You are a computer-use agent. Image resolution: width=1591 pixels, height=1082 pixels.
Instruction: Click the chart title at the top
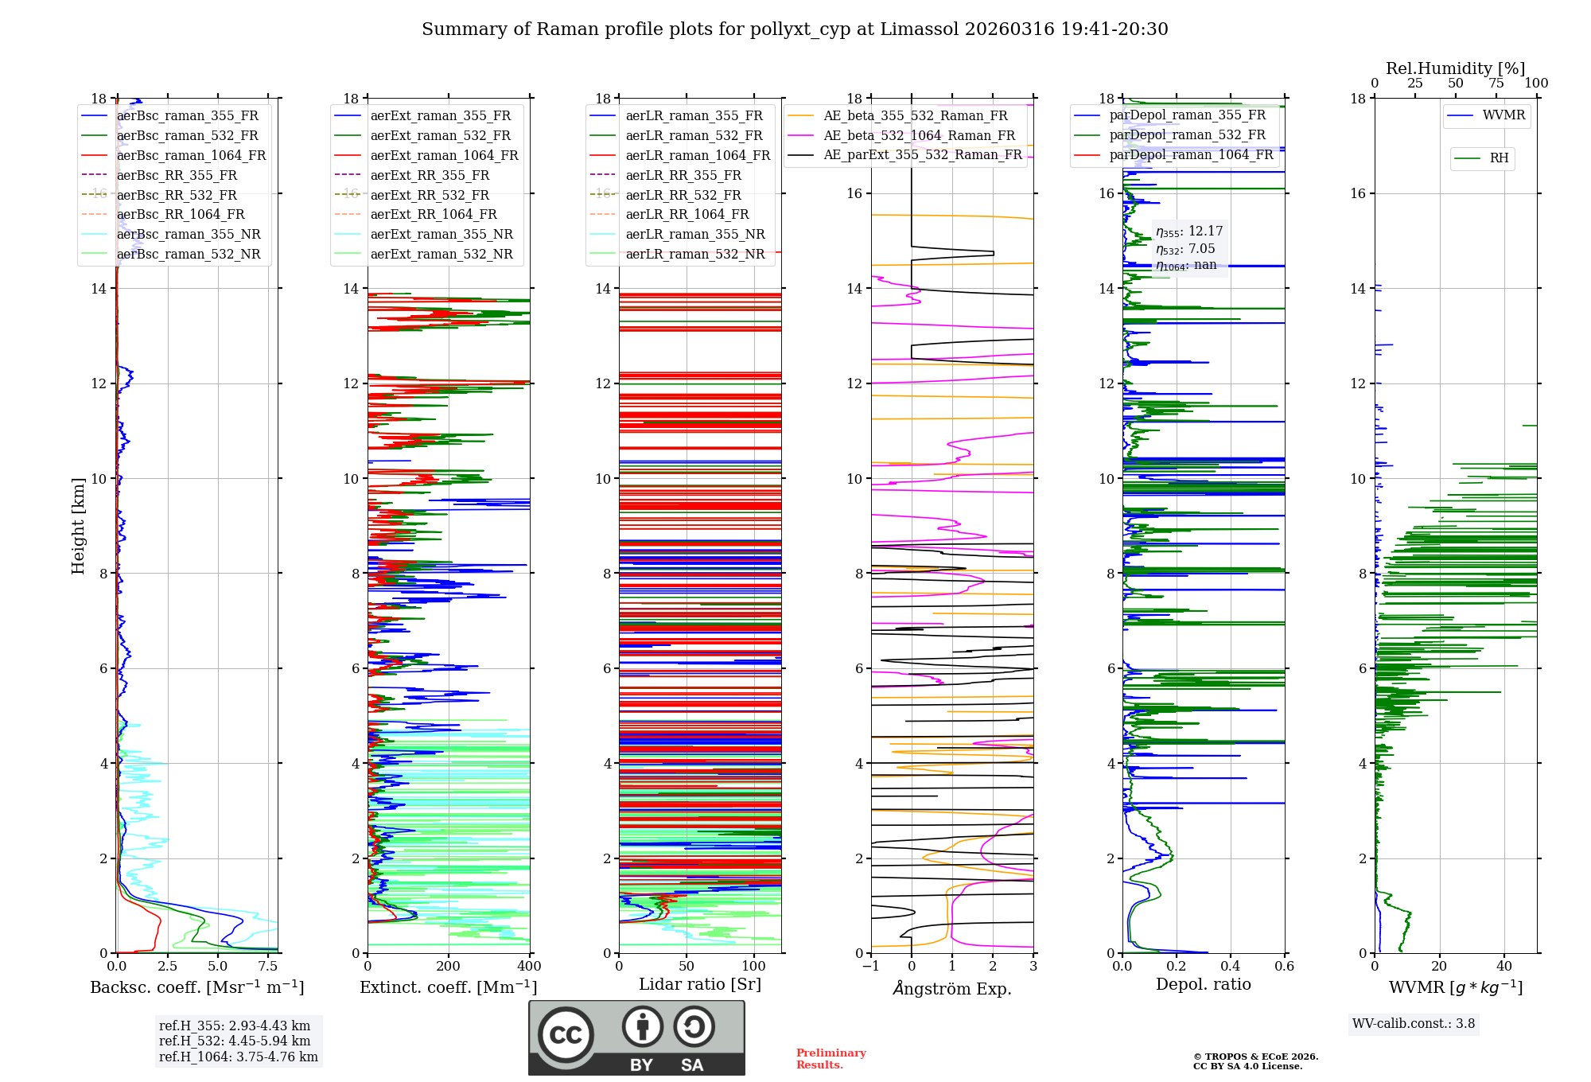tap(795, 29)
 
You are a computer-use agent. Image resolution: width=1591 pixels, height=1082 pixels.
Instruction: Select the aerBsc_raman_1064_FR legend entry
tap(191, 155)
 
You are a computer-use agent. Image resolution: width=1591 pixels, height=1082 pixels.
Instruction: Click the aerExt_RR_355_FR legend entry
tap(430, 175)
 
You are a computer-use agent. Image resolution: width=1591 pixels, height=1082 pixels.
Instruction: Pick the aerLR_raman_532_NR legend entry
tap(694, 254)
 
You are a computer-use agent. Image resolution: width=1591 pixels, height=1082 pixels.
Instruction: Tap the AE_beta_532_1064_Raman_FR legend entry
tap(919, 135)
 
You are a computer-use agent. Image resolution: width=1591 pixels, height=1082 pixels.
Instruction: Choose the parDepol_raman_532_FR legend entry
tap(1187, 134)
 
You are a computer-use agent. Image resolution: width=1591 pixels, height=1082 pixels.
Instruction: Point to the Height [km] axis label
tap(78, 525)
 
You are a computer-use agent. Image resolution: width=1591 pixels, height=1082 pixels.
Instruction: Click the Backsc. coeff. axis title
tap(196, 987)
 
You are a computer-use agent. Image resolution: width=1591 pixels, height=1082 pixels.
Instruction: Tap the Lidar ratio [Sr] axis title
tap(700, 984)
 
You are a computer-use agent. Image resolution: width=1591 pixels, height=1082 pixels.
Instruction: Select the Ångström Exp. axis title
tap(952, 988)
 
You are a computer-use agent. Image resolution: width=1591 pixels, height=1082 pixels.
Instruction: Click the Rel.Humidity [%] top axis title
tap(1455, 68)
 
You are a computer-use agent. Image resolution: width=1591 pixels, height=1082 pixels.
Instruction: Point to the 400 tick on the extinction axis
tap(529, 967)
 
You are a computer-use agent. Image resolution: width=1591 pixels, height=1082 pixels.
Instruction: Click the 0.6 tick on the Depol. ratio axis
tap(1284, 967)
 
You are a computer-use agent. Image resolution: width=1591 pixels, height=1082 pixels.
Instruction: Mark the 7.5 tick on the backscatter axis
tap(268, 967)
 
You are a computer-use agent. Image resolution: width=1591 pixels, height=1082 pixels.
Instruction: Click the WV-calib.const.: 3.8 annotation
tap(1414, 1024)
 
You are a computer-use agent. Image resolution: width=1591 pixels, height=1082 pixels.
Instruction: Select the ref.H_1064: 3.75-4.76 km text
tap(238, 1057)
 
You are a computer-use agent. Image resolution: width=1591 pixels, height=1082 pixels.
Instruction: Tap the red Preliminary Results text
tap(831, 1059)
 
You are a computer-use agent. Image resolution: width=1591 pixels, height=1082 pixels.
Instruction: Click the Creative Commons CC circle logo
tap(566, 1035)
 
